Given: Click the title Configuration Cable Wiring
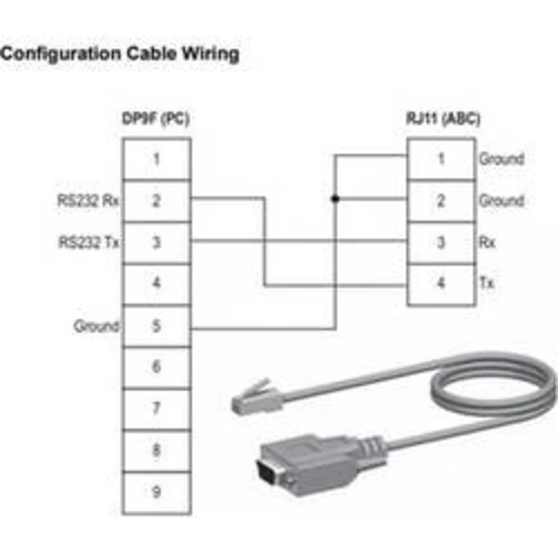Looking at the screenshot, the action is (x=119, y=54).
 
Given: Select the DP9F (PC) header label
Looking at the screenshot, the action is (x=156, y=119).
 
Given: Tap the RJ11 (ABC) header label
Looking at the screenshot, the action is (x=443, y=119).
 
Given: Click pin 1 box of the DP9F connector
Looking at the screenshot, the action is (x=156, y=159).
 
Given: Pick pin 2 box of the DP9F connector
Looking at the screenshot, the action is (x=156, y=201).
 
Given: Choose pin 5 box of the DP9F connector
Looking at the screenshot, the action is (x=156, y=326).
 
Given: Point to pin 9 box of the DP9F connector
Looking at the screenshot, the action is (x=156, y=493).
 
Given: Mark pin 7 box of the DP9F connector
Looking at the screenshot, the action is (x=156, y=409).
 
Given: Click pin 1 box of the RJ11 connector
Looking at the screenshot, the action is (x=442, y=159).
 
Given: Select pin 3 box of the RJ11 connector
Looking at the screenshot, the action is (x=442, y=243).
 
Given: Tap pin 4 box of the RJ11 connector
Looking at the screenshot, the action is (x=442, y=284).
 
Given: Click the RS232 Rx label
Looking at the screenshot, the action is (x=89, y=201).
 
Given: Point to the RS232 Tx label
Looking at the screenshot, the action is (x=89, y=242).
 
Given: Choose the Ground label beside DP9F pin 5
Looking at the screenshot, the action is (x=96, y=326).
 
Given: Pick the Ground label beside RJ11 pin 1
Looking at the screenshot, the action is (x=502, y=159).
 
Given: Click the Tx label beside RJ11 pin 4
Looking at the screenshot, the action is (x=487, y=283).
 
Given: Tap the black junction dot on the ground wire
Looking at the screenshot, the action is (x=335, y=199).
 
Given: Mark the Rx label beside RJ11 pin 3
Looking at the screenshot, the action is (x=487, y=242).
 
